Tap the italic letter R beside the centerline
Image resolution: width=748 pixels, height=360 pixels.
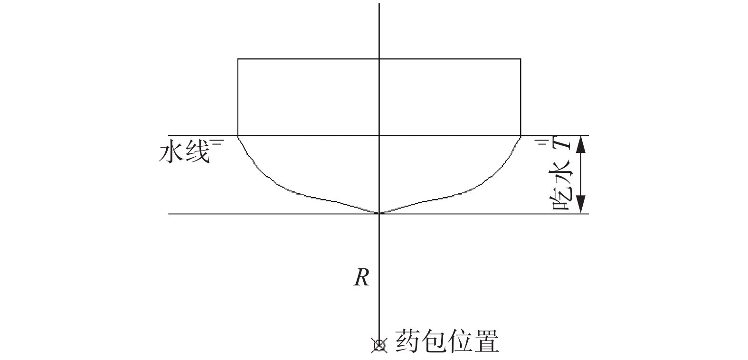[361, 278]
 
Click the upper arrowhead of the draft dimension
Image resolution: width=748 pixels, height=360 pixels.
[580, 142]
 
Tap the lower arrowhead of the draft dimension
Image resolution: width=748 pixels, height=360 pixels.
[580, 207]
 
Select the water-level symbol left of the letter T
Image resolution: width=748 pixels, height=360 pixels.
[542, 141]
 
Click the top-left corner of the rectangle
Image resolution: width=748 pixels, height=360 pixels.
[238, 59]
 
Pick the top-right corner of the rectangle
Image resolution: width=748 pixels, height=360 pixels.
[521, 59]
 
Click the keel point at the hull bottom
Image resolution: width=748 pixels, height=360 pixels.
[379, 213]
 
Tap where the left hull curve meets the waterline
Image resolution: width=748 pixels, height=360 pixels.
[238, 136]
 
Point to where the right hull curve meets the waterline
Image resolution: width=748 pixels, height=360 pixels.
[521, 136]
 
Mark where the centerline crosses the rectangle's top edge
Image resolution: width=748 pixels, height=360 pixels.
[379, 59]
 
